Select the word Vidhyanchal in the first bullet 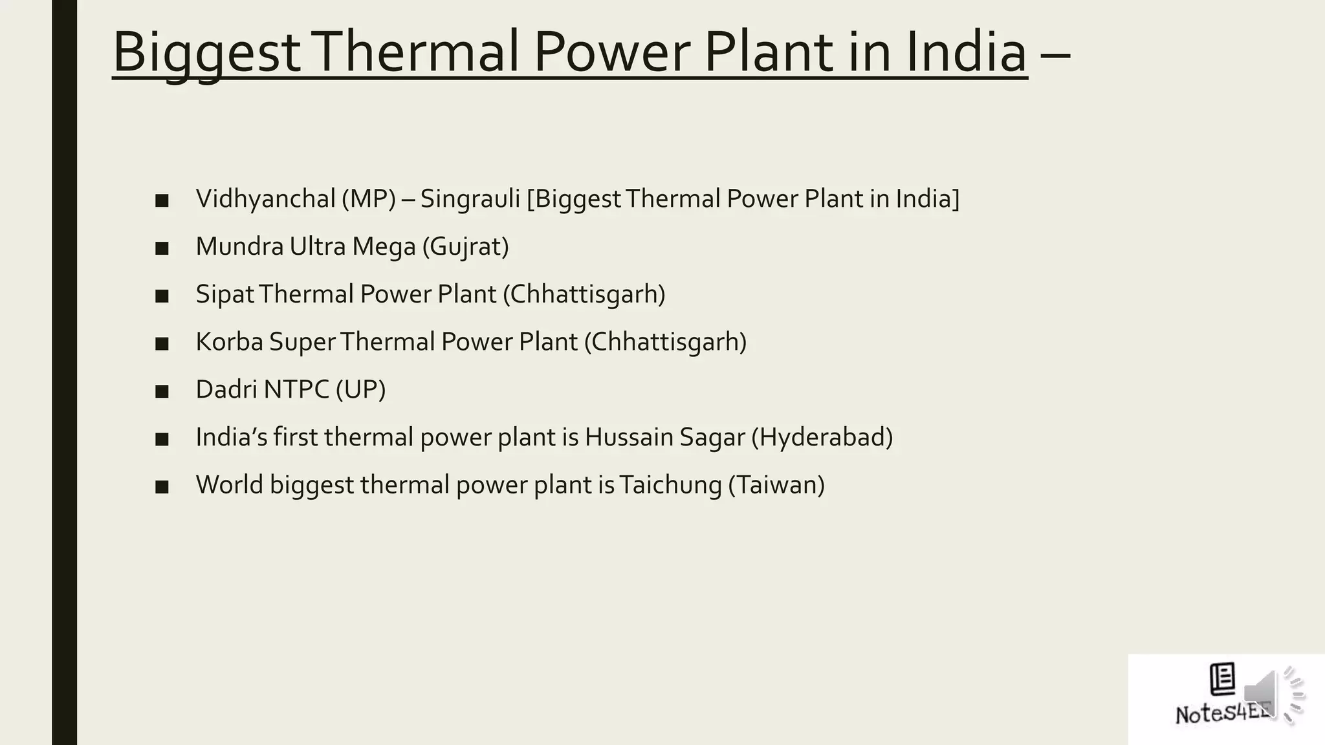coord(265,199)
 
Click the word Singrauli coord(470,199)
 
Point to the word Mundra coord(239,246)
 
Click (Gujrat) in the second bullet coord(465,246)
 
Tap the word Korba coord(229,341)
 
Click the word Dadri coord(226,389)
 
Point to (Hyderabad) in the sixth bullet coord(822,437)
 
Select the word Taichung coord(670,485)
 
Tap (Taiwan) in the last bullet coord(776,485)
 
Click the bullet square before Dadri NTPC coord(162,391)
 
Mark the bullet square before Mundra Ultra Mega coord(162,248)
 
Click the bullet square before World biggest coord(162,487)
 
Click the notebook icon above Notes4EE coord(1222,678)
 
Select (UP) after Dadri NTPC coord(360,389)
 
